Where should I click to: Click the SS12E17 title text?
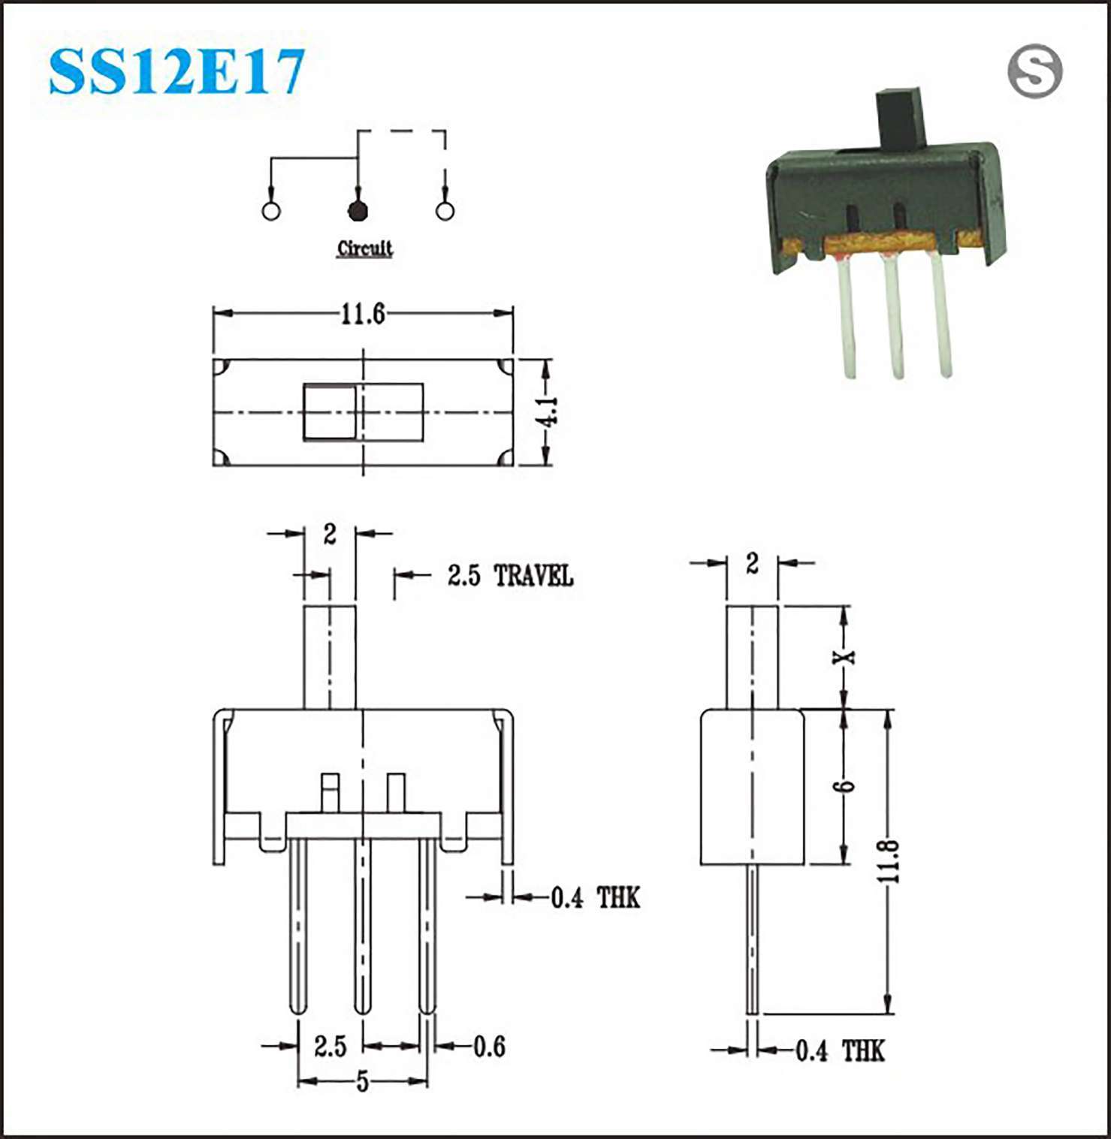pos(177,71)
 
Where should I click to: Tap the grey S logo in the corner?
pos(1035,71)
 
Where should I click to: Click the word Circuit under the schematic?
pos(364,249)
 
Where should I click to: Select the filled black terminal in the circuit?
pos(358,211)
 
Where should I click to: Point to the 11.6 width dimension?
pos(363,314)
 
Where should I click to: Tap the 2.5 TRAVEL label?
pos(510,576)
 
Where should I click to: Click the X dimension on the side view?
pos(845,657)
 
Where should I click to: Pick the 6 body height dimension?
pos(844,786)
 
